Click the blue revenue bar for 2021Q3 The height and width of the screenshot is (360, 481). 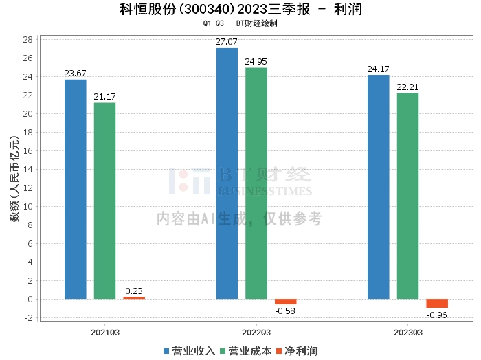(x=76, y=189)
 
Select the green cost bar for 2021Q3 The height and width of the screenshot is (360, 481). (x=104, y=201)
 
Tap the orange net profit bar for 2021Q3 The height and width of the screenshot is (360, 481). (x=134, y=297)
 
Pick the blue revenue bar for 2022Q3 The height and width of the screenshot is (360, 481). (x=227, y=173)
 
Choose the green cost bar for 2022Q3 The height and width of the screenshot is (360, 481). (x=256, y=183)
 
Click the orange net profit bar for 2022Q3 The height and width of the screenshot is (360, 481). (x=285, y=302)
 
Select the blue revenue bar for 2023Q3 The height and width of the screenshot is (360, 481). (x=379, y=187)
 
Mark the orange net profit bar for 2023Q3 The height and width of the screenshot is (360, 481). (x=437, y=303)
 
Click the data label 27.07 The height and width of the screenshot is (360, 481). (x=227, y=42)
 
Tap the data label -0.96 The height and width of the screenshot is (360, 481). (x=437, y=315)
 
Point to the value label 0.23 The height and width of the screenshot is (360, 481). (x=134, y=290)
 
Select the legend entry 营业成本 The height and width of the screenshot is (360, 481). (x=247, y=350)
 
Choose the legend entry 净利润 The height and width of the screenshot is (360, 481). (x=300, y=350)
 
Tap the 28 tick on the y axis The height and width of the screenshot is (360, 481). (x=28, y=39)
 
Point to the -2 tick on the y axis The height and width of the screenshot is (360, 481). (x=28, y=317)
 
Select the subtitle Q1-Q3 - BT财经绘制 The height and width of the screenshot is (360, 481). (x=240, y=23)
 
